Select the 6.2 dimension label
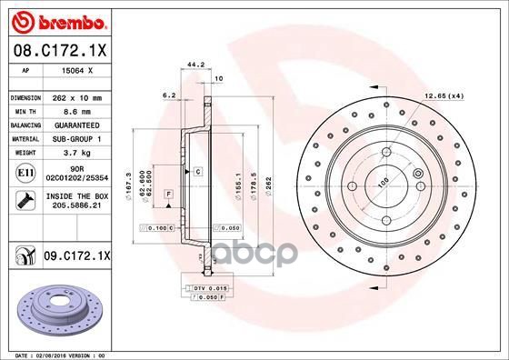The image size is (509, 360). point(169,95)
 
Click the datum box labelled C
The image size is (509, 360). point(196,171)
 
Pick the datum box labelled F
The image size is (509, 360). point(169,195)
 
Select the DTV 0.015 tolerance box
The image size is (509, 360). point(208,287)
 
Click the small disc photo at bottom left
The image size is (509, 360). point(54,310)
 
